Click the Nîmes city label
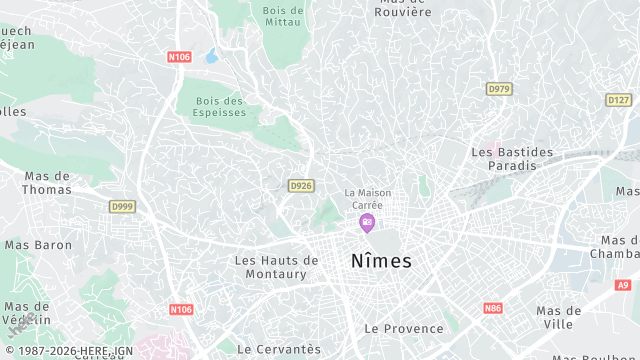[x=381, y=261]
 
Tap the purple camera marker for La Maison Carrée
[x=367, y=222]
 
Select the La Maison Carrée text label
[x=367, y=198]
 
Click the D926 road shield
[x=300, y=186]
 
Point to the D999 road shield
[x=122, y=206]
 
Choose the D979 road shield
[x=499, y=89]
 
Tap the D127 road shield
[x=619, y=100]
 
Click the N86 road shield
[x=492, y=308]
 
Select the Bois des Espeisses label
[x=219, y=106]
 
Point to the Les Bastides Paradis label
[x=512, y=158]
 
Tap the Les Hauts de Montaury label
[x=276, y=267]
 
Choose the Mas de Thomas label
[x=47, y=182]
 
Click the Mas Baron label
[x=38, y=244]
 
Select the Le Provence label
[x=403, y=328]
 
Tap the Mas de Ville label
[x=558, y=317]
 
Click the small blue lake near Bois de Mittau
[x=212, y=57]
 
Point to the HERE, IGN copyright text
[x=70, y=352]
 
